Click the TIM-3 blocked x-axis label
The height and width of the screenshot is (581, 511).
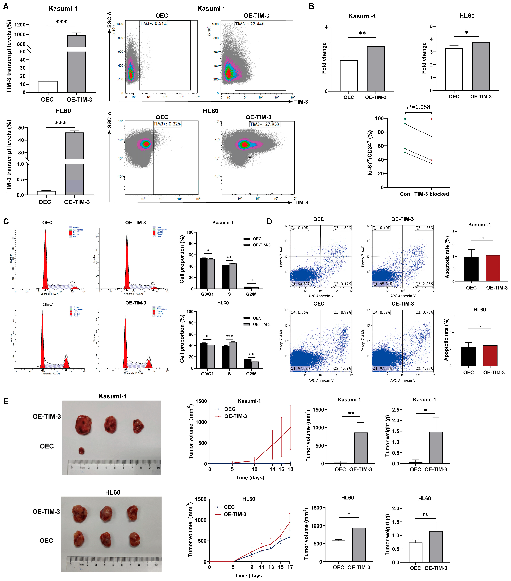tap(432, 194)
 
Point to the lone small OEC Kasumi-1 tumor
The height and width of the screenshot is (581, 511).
tap(81, 451)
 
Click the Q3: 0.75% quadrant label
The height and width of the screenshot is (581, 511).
tap(424, 312)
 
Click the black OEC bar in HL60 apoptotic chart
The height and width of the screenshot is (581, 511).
tap(468, 356)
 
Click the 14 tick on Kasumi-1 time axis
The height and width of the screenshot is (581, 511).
tap(272, 469)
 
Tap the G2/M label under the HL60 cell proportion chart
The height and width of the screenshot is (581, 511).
tap(251, 374)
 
